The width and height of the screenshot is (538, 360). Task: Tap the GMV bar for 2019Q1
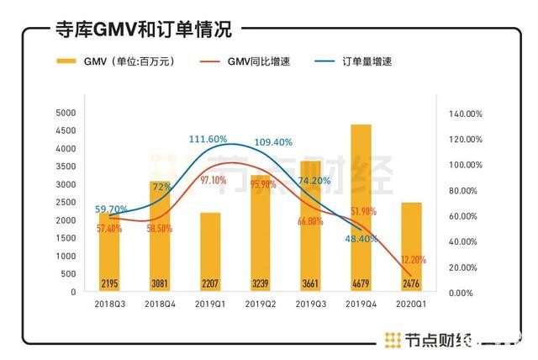pyautogui.click(x=210, y=251)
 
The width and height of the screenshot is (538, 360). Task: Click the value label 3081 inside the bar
pyautogui.click(x=160, y=283)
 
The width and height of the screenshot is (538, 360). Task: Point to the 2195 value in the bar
pyautogui.click(x=110, y=283)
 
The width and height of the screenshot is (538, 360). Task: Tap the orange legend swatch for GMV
pyautogui.click(x=66, y=61)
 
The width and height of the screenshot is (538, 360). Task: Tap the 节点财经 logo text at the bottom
pyautogui.click(x=425, y=340)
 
